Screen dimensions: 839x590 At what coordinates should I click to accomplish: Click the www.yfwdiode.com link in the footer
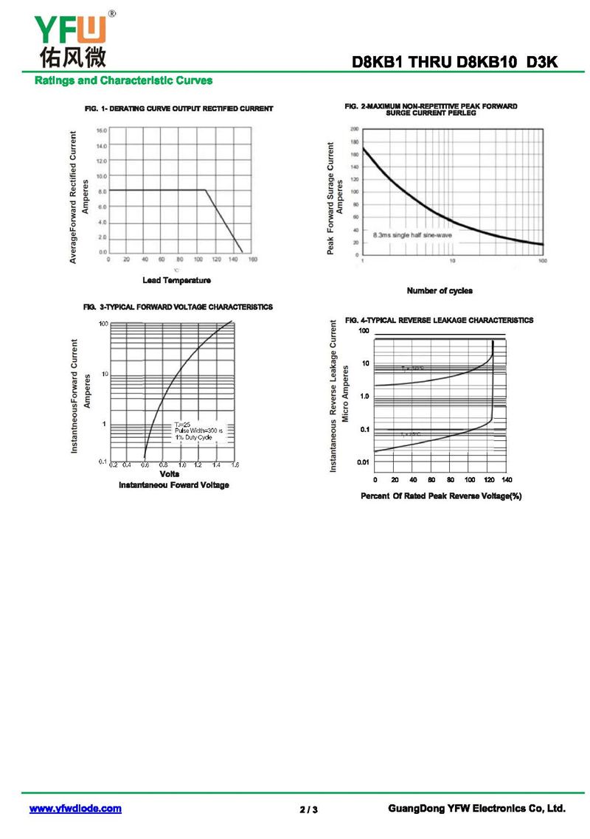pos(75,809)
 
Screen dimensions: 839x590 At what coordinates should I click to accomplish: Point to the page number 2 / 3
pos(309,810)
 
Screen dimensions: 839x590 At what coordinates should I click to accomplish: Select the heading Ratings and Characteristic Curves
pos(123,80)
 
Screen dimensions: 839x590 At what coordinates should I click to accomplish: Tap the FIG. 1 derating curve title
pos(179,109)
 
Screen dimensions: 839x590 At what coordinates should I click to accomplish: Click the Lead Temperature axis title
pos(176,280)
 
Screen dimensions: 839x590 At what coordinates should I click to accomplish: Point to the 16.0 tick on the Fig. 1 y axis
pos(102,130)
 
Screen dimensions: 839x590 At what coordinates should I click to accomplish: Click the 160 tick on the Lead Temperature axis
pos(251,260)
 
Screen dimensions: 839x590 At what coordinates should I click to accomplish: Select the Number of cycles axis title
pos(440,290)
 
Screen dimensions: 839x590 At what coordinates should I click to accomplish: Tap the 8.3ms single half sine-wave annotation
pos(412,235)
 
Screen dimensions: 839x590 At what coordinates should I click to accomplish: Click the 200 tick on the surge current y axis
pos(354,129)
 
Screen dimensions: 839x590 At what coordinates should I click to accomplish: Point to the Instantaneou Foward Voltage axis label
pos(174,485)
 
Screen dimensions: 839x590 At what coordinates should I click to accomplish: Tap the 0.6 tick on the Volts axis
pos(145,466)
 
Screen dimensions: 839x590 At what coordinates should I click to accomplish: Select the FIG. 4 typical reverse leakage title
pos(439,321)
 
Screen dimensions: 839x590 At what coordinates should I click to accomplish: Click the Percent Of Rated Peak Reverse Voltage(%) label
pos(441,496)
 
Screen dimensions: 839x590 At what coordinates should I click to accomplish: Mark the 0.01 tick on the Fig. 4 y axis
pos(364,462)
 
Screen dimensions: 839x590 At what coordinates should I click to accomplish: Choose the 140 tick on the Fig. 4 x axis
pos(507,480)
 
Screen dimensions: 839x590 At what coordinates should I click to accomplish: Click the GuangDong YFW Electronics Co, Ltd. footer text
pos(476,809)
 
